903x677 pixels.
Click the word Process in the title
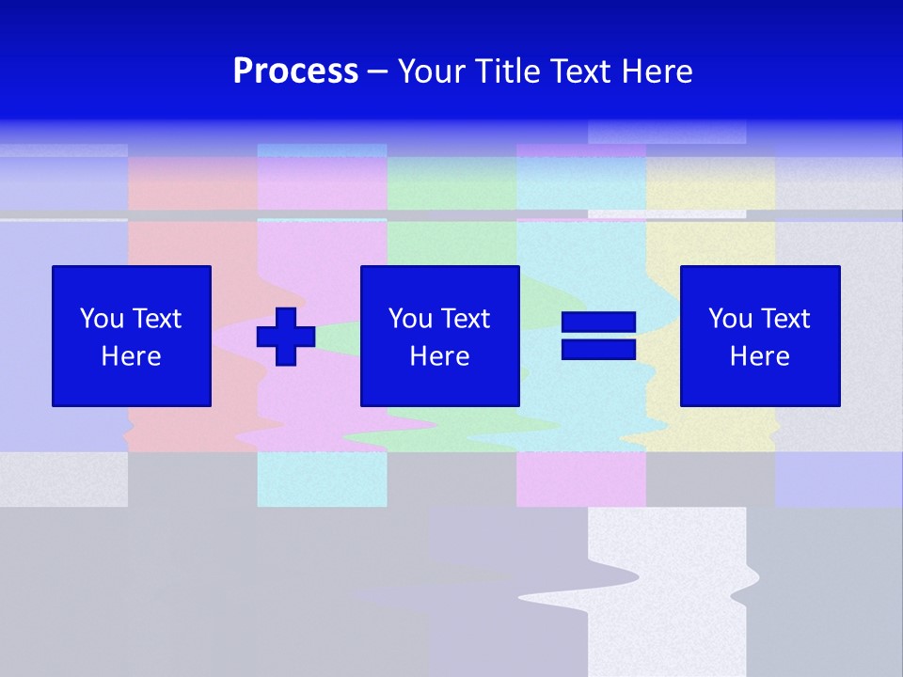click(295, 71)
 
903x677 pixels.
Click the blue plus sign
click(286, 337)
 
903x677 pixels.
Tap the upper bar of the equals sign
click(598, 323)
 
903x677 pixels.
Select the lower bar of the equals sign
click(598, 349)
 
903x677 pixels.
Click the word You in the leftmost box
click(103, 319)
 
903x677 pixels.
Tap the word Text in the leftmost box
click(156, 319)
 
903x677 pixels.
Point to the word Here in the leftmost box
click(132, 356)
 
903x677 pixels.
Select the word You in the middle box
click(411, 319)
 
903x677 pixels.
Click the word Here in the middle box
click(439, 356)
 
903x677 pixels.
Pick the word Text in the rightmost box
click(784, 319)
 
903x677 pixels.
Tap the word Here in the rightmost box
click(760, 356)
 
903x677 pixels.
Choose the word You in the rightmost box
click(731, 319)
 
